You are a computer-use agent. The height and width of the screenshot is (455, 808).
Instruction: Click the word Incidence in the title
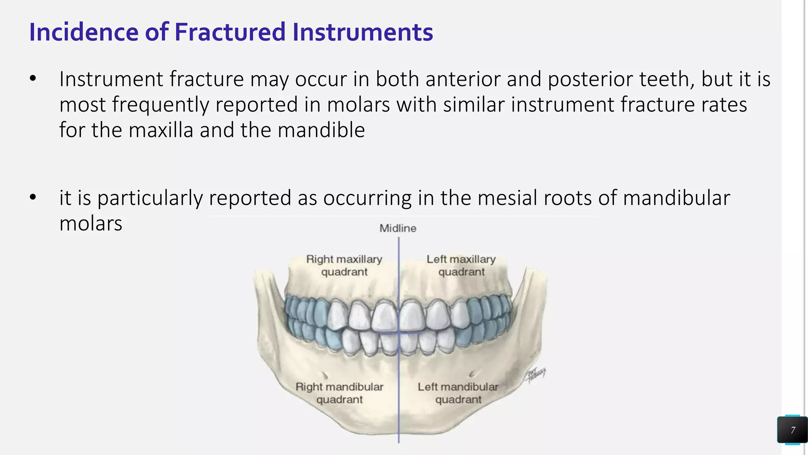click(x=84, y=32)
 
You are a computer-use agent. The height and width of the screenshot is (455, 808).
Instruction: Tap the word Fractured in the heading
click(x=230, y=32)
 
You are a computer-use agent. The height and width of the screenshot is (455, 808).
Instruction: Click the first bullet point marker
click(x=33, y=79)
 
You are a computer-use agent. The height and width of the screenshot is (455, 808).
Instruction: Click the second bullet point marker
click(x=33, y=197)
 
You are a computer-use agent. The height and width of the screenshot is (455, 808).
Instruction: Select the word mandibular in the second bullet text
click(x=676, y=197)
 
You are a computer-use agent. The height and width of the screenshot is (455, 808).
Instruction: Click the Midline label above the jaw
click(x=398, y=228)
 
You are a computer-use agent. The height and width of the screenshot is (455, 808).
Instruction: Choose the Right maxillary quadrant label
click(x=344, y=265)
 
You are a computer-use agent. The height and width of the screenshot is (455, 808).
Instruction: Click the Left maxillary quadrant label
click(x=461, y=265)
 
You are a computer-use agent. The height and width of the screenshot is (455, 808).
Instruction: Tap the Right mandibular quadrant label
click(x=339, y=393)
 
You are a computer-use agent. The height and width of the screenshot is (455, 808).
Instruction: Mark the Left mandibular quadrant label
click(x=458, y=393)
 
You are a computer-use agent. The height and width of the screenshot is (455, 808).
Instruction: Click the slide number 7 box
click(x=792, y=430)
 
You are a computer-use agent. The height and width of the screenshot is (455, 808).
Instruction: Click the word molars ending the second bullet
click(x=91, y=224)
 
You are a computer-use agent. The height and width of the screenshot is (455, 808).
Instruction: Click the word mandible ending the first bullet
click(x=321, y=130)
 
